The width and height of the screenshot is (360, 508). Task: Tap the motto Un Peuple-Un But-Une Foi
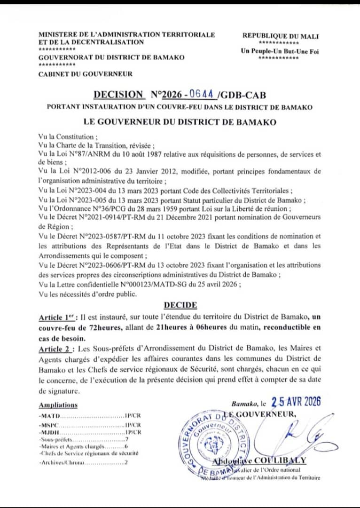(x=280, y=51)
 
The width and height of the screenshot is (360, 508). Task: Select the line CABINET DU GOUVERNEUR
(x=85, y=74)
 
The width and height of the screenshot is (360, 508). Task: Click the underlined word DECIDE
(x=180, y=305)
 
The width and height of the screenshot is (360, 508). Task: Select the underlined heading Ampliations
(x=58, y=405)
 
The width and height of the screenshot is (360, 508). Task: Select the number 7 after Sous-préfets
(x=127, y=439)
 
